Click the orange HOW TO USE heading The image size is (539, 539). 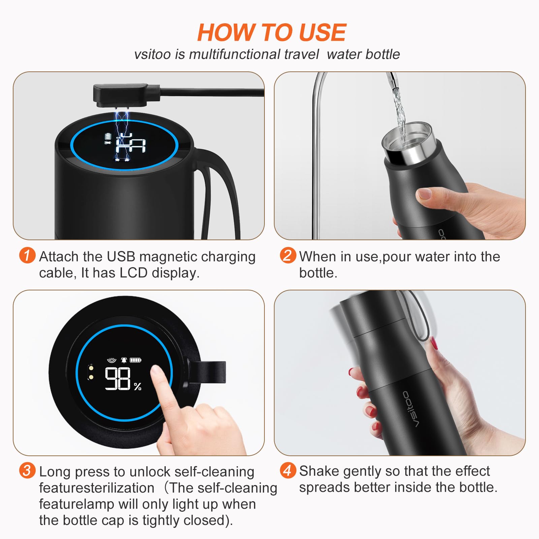272,33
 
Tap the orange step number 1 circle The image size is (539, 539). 27,255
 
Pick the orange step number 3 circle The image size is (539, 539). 27,470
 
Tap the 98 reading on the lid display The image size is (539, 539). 118,379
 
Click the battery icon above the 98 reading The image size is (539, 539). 136,360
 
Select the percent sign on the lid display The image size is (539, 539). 137,387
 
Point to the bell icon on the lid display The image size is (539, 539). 124,360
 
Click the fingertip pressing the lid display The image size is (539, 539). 156,373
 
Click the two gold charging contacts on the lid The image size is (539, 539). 90,372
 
